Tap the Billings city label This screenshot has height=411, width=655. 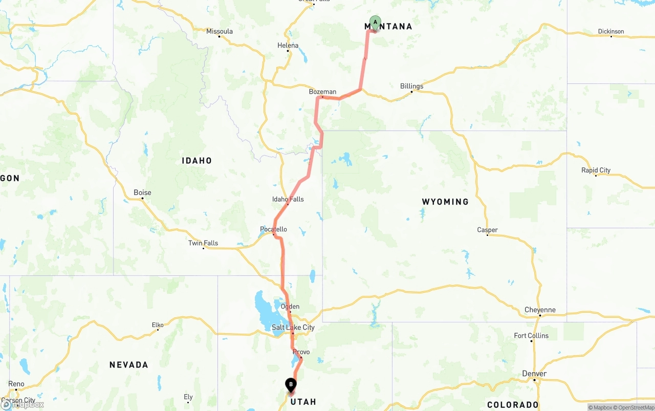pos(411,86)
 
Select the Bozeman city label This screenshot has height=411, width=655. pos(322,92)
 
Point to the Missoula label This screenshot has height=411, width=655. pos(220,31)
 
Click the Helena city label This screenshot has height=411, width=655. pos(288,46)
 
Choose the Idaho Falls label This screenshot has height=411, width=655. pos(288,199)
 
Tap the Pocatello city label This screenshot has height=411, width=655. pos(274,229)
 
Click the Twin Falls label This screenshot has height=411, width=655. pos(203,243)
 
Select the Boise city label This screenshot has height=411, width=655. pos(142,192)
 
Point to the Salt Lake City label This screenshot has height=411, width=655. pos(293,328)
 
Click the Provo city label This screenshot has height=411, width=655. pos(301,352)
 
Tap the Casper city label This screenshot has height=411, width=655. pos(487,230)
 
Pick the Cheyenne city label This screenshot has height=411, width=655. pos(540,310)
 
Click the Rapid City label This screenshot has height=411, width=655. pos(596,170)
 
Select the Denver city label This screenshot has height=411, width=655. pos(534,374)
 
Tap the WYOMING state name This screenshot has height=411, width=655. pos(445,202)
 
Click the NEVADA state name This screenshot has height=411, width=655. pos(129,365)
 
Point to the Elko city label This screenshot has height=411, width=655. pos(158,325)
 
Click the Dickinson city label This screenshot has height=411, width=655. pos(611,31)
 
